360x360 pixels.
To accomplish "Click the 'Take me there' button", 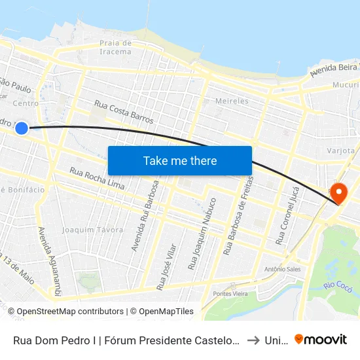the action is point(180,160).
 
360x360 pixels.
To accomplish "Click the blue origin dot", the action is point(22,128).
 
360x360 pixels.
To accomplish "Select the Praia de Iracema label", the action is point(116,47).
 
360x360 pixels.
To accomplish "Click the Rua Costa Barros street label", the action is point(124,112).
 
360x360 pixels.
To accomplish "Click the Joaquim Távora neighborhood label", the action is point(92,230).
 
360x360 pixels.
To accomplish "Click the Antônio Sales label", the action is point(281,269).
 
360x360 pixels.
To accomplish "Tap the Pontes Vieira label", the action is point(230,294).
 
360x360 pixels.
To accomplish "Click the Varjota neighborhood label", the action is point(340,151).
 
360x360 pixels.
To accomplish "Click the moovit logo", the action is point(321,339).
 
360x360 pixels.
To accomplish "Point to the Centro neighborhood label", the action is point(26,103).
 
